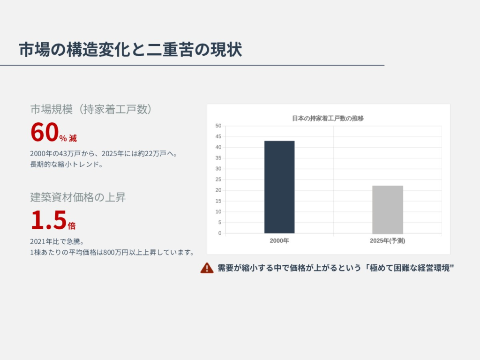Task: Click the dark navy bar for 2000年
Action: [x=279, y=187]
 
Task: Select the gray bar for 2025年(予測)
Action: [x=388, y=210]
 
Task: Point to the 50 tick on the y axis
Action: [x=218, y=126]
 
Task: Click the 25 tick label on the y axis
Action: [x=218, y=180]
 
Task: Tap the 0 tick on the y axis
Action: [x=220, y=233]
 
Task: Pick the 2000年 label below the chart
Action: [x=279, y=241]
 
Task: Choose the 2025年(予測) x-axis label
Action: [x=388, y=241]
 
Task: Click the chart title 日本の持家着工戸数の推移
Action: [x=328, y=118]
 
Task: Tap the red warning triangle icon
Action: [x=207, y=268]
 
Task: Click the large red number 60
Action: [x=45, y=132]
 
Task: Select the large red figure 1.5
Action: [x=49, y=220]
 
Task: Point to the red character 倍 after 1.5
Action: [x=72, y=226]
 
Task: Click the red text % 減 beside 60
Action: [x=68, y=138]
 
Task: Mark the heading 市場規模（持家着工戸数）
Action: [x=91, y=109]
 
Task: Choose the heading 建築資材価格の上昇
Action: [x=78, y=197]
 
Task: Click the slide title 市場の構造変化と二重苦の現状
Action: [x=130, y=49]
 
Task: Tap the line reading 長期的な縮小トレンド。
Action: [x=66, y=165]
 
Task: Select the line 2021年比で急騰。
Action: [x=57, y=241]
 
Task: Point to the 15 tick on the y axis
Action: [x=218, y=201]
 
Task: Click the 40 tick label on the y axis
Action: [x=218, y=147]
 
